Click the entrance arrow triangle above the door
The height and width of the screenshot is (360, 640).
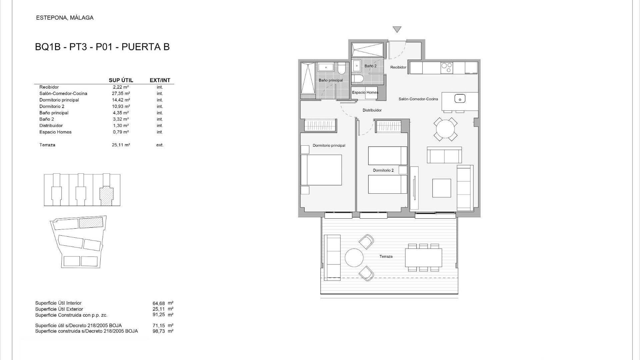[x=397, y=29]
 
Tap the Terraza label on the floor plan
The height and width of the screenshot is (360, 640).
[x=386, y=257]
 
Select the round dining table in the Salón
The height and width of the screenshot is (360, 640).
[x=445, y=129]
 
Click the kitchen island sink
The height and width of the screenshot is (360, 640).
[x=460, y=99]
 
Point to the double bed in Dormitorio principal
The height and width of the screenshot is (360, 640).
[x=321, y=170]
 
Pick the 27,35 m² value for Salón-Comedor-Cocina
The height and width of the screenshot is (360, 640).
[x=121, y=94]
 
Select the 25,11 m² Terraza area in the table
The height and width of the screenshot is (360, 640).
[x=121, y=145]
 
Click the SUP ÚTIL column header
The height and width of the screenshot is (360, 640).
[x=121, y=80]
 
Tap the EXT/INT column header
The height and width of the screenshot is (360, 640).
[x=160, y=80]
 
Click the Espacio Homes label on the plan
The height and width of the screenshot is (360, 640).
[x=365, y=93]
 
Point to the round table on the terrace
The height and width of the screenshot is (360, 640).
[x=354, y=257]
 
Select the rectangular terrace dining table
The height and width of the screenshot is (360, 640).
[x=423, y=258]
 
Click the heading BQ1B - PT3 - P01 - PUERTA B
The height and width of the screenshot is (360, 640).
[x=102, y=47]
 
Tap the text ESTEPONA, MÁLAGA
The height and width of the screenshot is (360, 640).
[x=65, y=18]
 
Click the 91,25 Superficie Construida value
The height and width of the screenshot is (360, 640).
[x=159, y=315]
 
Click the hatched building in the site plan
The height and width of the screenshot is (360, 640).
[x=91, y=223]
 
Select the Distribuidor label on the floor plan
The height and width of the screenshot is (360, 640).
[x=372, y=110]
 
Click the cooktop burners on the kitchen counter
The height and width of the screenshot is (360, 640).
[x=447, y=68]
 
